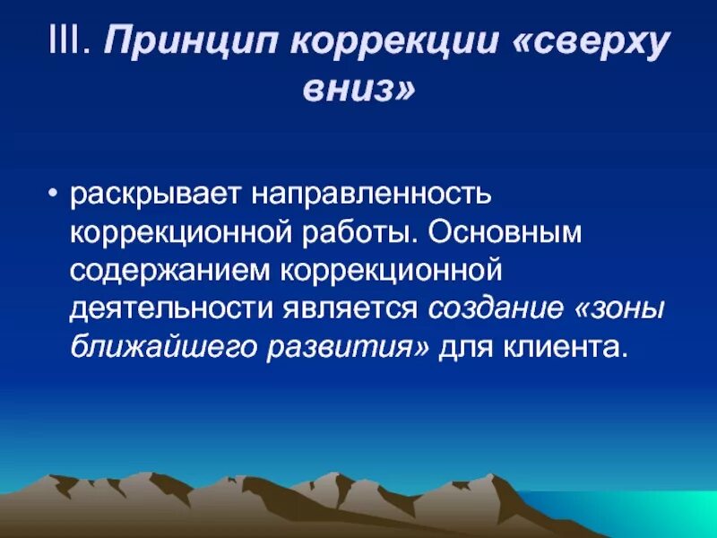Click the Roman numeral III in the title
pos(67,44)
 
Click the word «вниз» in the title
pos(358,91)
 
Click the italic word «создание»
pos(497,307)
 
